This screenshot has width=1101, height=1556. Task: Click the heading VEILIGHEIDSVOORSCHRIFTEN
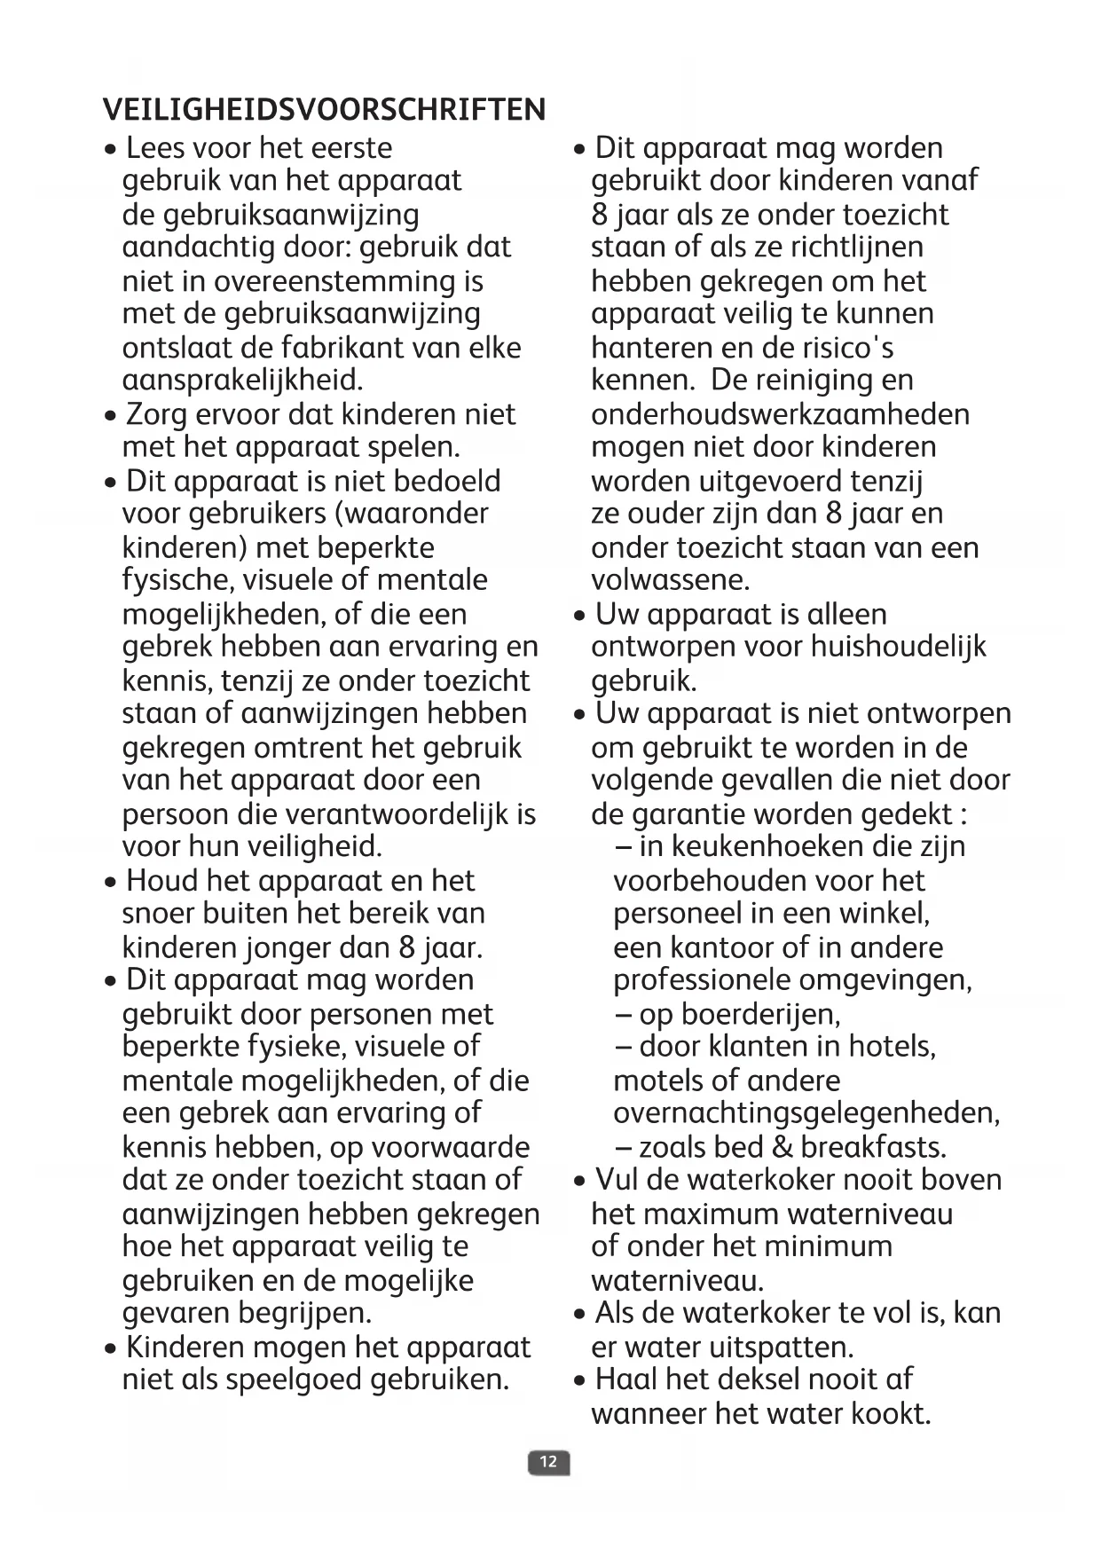[x=324, y=110]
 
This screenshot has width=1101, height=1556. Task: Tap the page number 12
[x=548, y=1461]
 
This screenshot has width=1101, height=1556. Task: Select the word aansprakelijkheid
[x=242, y=381]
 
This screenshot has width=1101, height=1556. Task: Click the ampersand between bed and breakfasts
[x=782, y=1146]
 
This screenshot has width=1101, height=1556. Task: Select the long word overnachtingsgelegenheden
[x=806, y=1112]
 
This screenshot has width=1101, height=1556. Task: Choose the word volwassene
[x=670, y=580]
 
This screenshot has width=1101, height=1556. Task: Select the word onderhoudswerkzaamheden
[x=780, y=414]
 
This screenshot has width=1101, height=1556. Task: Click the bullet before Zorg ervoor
[x=110, y=416]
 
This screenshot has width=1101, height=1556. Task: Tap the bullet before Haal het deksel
[x=579, y=1381]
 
